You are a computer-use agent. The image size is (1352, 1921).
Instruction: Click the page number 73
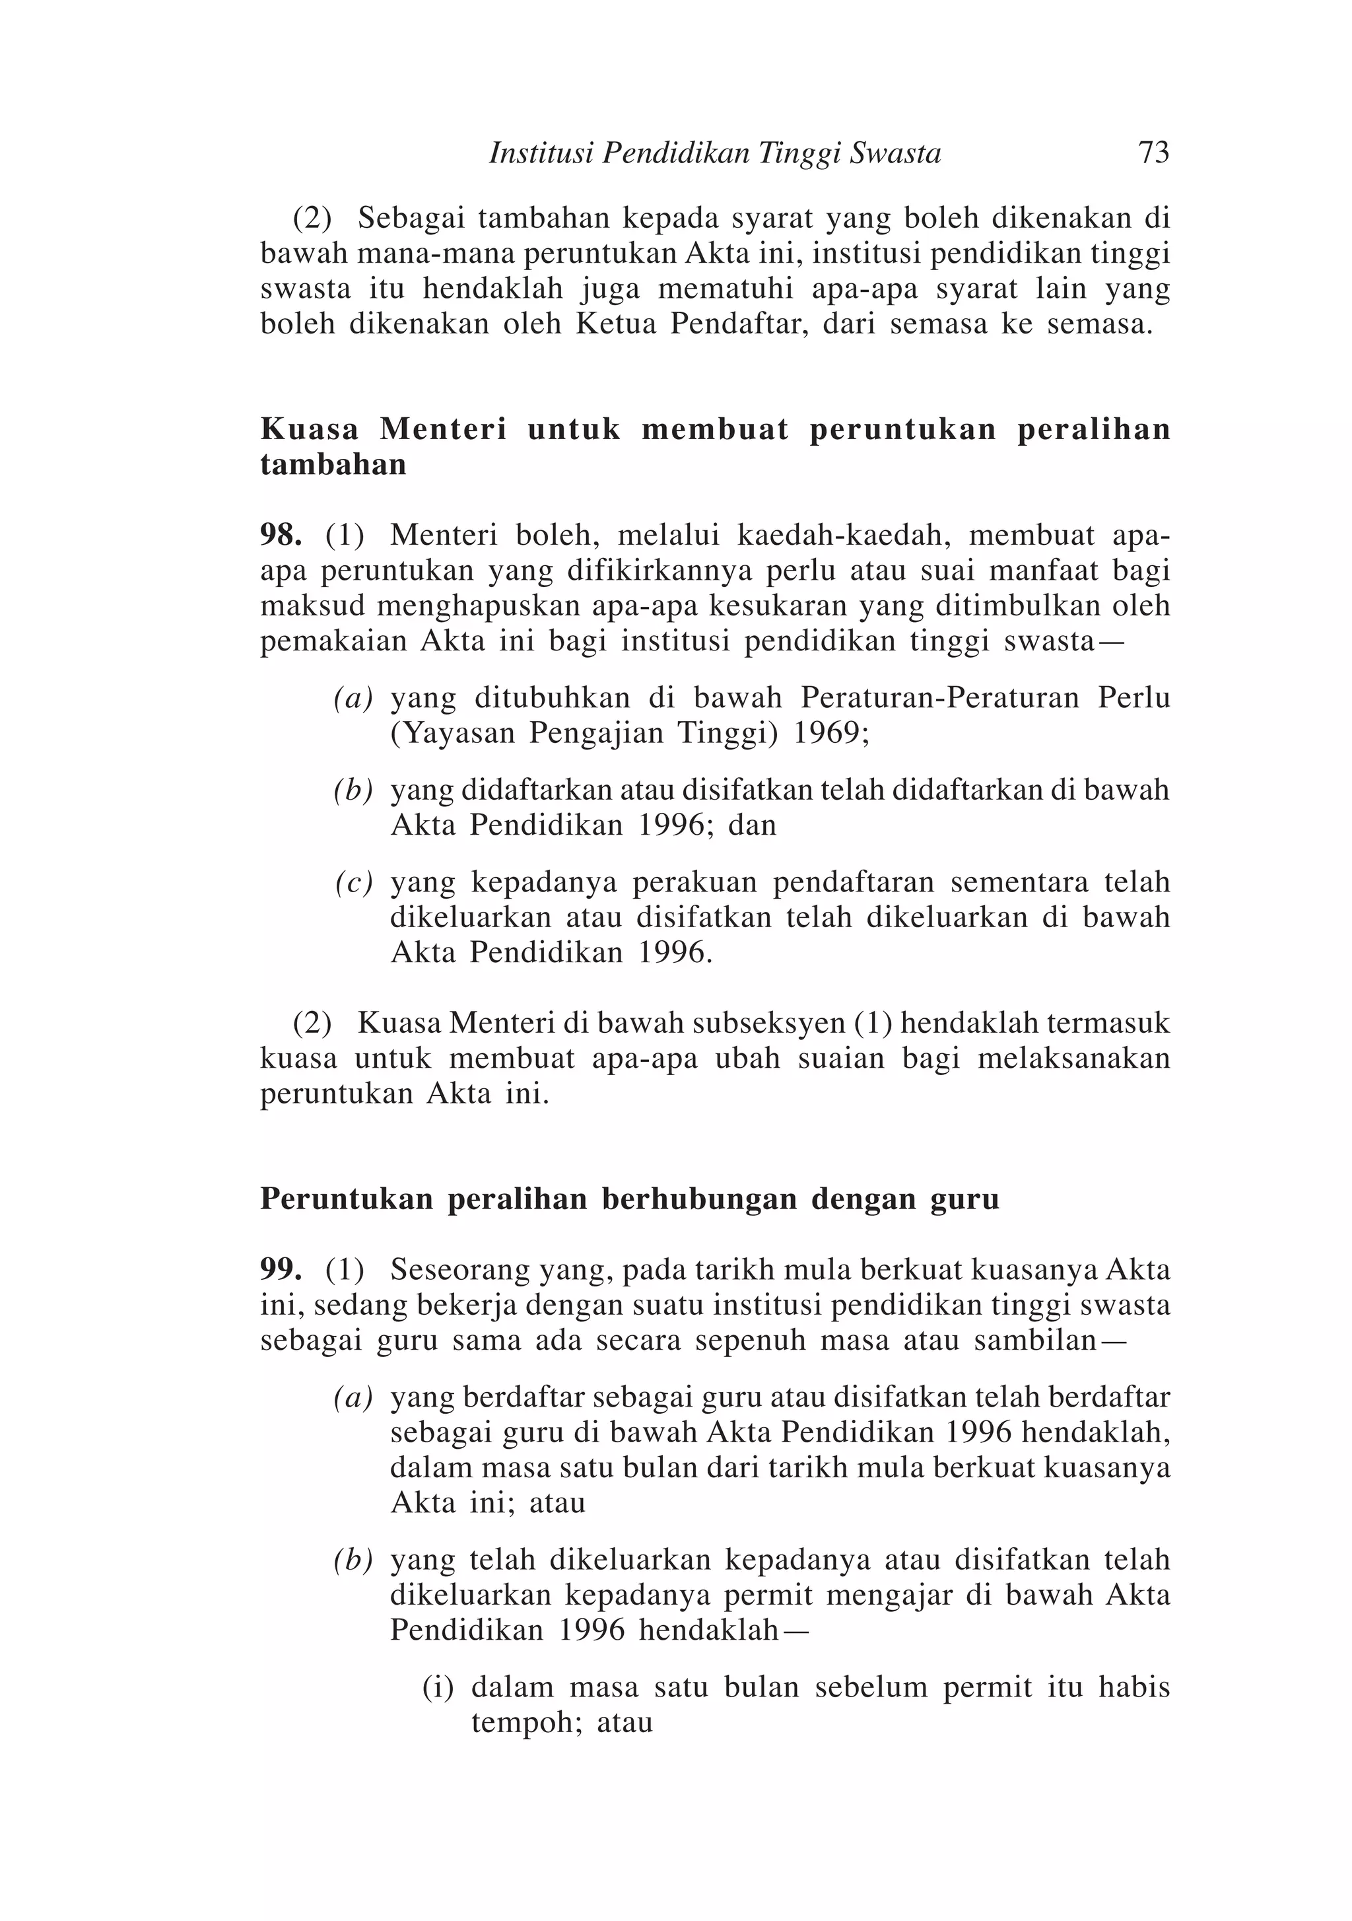click(x=1153, y=153)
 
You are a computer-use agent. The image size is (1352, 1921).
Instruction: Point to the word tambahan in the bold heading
click(x=333, y=464)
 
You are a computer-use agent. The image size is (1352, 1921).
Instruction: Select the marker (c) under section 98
click(x=353, y=883)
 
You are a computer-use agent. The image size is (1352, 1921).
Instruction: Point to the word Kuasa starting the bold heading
click(x=310, y=429)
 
